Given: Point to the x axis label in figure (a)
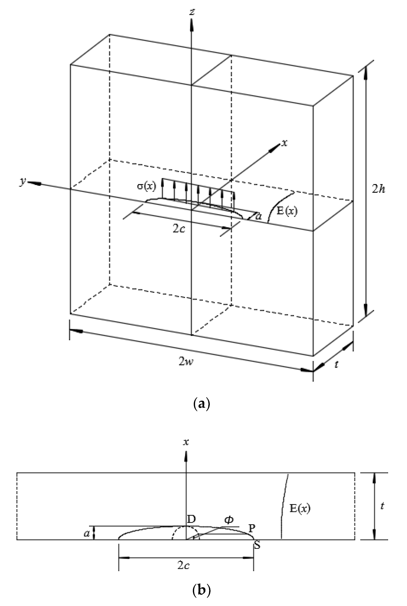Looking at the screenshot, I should (x=285, y=143).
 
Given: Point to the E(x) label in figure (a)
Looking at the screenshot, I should (x=287, y=211).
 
